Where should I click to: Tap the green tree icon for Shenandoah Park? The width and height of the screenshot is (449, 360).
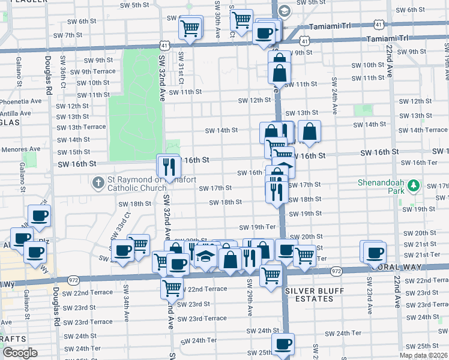(x=412, y=186)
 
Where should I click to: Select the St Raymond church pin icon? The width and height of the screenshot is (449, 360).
(x=98, y=181)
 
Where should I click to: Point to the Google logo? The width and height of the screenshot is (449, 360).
(x=20, y=353)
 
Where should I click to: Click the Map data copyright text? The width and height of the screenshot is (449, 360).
(x=423, y=355)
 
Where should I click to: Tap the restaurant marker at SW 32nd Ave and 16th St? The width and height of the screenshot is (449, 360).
(x=168, y=165)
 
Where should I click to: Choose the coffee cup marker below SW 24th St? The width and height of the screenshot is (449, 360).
(x=283, y=344)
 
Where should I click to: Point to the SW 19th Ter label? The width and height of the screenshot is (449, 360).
(x=257, y=227)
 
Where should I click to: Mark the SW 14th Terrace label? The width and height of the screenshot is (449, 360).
(x=423, y=130)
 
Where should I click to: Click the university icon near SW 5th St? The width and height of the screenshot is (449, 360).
(x=284, y=11)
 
